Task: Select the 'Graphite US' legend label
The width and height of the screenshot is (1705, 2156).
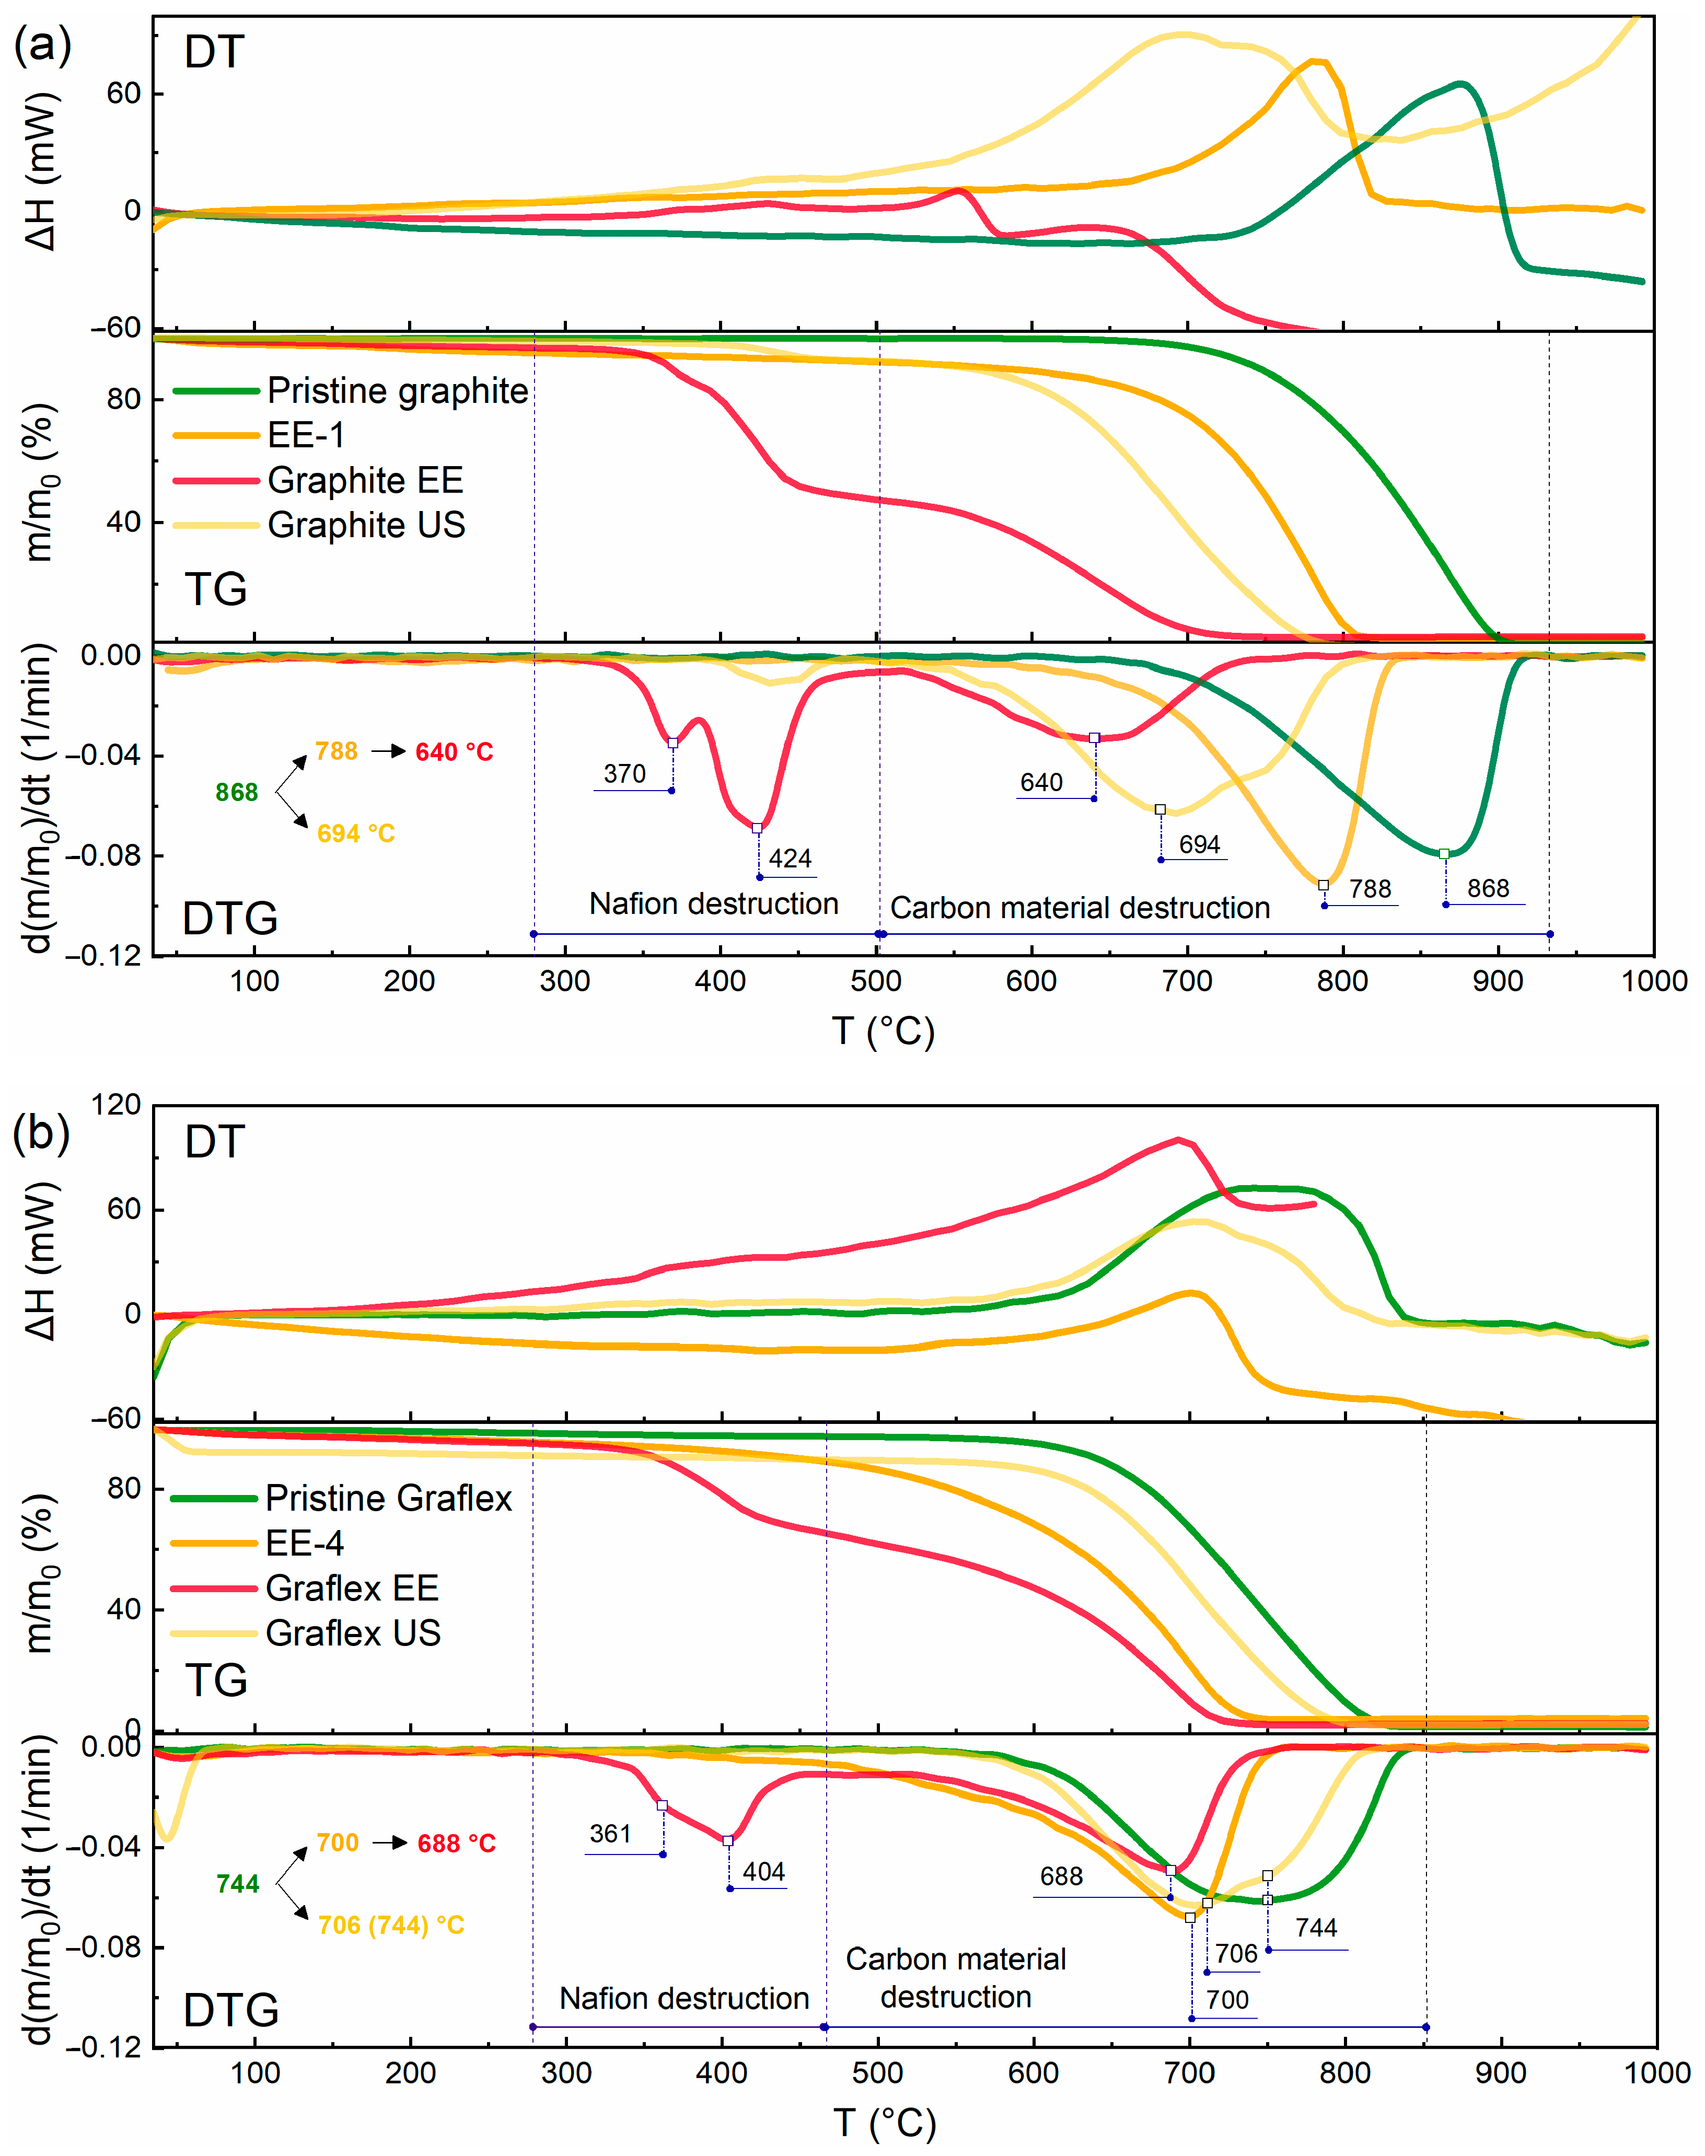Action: [x=366, y=525]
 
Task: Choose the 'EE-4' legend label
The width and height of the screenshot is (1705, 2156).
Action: [x=305, y=1543]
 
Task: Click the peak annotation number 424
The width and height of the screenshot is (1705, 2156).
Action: [x=790, y=859]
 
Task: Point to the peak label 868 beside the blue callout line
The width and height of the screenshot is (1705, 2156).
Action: [x=1488, y=888]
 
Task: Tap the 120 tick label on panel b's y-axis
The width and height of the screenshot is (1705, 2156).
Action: [x=116, y=1105]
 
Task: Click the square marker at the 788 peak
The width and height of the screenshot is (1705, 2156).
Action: [x=1324, y=885]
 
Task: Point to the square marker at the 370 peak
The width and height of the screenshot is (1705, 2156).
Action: [x=673, y=743]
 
